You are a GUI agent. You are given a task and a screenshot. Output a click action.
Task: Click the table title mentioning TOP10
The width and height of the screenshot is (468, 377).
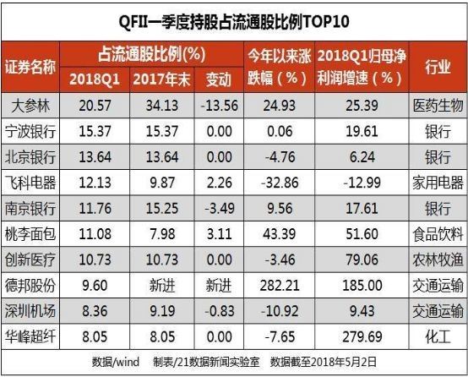coord(234,22)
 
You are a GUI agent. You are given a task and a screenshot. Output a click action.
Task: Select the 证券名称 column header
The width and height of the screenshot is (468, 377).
coord(30,67)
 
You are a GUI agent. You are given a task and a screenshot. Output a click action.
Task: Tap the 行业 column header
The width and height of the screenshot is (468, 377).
coord(438,67)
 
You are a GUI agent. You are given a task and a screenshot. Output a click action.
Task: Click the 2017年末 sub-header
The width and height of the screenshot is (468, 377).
coord(161,79)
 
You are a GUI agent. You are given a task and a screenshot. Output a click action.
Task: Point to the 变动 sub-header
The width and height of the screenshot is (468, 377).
coord(219,79)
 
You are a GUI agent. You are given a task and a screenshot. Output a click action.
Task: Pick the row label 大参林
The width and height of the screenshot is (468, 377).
coord(30,106)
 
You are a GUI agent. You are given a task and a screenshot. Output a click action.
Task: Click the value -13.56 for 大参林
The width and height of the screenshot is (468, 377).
coord(219,106)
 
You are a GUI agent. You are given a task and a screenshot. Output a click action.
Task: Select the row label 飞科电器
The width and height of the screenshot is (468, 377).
coord(30,183)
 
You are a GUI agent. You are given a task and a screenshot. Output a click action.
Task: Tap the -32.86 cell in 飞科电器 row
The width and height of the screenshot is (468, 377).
coord(280,183)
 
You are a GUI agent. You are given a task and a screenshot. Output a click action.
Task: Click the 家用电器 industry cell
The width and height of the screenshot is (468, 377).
coord(438,183)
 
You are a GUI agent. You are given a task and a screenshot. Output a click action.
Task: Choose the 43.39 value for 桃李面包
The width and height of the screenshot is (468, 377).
coord(280,234)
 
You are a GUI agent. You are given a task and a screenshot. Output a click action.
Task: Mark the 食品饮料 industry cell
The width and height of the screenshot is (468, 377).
coord(438,234)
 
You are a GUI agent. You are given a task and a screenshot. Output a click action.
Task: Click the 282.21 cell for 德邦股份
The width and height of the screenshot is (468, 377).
coord(280,286)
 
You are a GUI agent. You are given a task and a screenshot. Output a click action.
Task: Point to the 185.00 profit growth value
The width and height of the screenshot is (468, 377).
coord(362,286)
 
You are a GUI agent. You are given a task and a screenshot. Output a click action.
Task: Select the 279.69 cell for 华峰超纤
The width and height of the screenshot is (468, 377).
coord(362,336)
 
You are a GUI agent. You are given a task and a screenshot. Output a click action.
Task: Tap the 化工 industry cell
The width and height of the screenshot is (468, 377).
coord(438,336)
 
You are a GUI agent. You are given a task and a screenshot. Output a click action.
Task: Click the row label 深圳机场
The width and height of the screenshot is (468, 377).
coord(30,311)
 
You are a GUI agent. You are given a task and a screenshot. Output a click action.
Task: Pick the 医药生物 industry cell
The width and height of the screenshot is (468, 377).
coord(438,106)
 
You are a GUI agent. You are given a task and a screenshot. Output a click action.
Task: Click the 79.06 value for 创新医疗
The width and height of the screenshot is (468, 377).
coord(362,260)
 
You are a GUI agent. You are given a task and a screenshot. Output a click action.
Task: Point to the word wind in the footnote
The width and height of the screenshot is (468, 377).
coord(128,362)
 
